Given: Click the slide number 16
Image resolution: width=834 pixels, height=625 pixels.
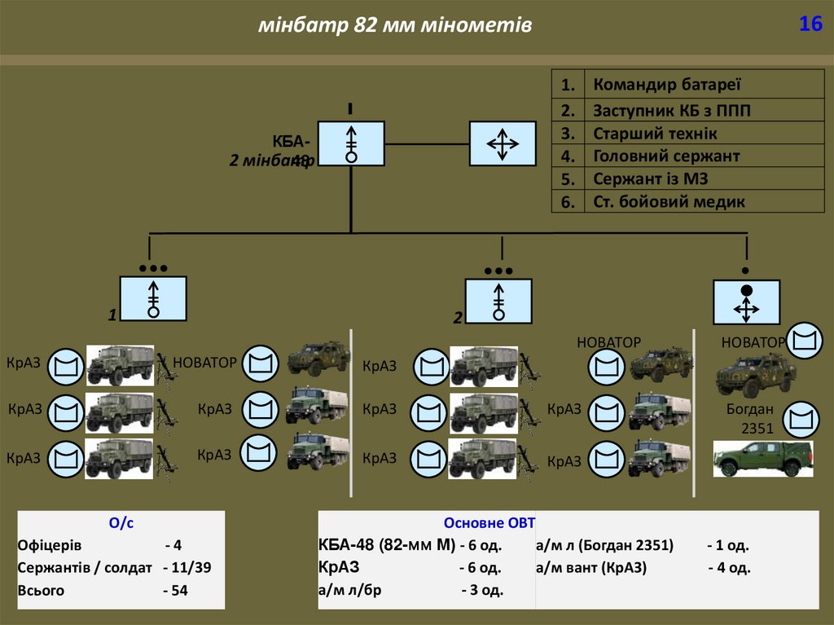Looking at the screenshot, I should click(810, 24).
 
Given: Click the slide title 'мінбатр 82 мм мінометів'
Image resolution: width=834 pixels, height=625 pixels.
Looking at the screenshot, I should click(395, 26).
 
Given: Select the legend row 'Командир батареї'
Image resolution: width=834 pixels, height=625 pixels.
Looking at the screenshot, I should click(666, 85).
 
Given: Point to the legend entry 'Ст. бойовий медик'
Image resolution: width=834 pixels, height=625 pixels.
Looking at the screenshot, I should click(669, 201).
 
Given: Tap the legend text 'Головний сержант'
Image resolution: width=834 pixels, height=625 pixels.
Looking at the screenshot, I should click(666, 156).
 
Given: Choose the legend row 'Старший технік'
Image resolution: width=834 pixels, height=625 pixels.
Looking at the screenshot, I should click(655, 134).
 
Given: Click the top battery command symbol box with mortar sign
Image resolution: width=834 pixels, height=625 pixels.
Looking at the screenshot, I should click(351, 144).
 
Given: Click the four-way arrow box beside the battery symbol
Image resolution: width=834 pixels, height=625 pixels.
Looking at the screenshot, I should click(503, 144).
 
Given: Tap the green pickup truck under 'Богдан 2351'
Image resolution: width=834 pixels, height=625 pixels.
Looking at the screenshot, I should click(763, 459).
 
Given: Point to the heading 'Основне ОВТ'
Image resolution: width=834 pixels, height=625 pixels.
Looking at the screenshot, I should click(489, 523).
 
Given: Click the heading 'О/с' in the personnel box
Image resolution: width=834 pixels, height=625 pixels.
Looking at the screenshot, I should click(121, 524).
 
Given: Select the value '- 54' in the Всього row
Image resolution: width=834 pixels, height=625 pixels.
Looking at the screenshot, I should click(175, 591).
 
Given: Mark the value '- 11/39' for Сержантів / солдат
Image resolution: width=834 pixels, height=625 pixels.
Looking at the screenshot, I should click(187, 568).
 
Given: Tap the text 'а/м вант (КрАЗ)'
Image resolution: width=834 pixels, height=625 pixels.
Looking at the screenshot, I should click(590, 568).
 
